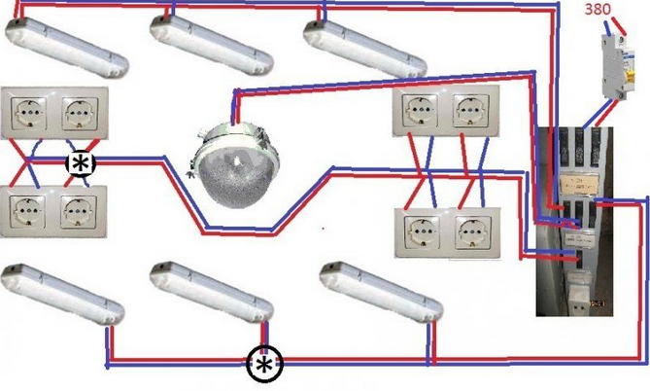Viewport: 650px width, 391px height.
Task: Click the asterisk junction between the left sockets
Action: pos(79,163)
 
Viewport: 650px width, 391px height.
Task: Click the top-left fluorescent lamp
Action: pos(66,51)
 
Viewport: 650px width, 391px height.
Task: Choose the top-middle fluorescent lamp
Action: pos(207,47)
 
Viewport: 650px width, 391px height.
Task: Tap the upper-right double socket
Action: pos(445,114)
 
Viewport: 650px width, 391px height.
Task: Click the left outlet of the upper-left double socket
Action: pos(32,115)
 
